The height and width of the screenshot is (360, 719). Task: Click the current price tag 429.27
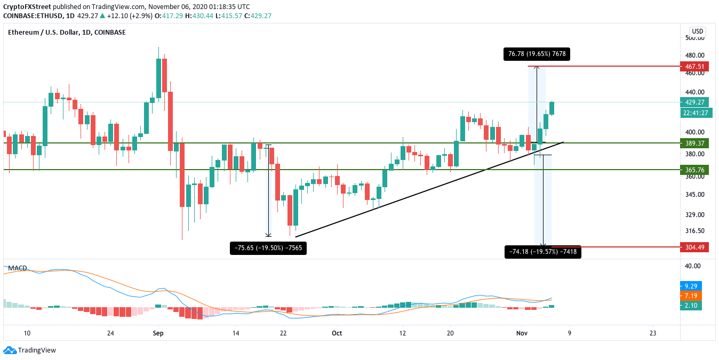click(696, 102)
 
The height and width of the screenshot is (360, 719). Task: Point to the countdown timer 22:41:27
click(696, 113)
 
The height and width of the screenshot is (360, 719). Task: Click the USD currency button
click(697, 31)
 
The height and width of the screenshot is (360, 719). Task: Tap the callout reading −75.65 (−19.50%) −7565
click(268, 247)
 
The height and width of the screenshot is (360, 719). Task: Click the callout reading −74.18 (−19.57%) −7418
click(542, 252)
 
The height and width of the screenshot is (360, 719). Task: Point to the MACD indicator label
click(18, 268)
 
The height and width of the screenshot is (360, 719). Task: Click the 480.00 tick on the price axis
click(696, 55)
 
